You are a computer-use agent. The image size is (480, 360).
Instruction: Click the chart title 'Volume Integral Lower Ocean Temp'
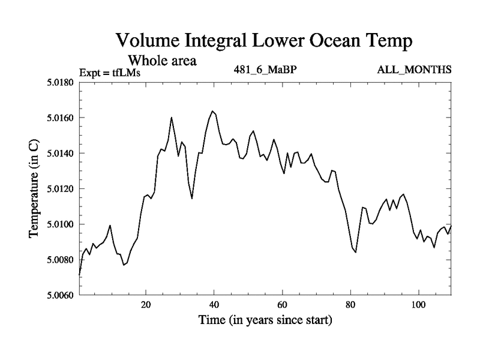coord(264,41)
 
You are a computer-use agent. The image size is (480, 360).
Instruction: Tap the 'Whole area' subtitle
coord(162,61)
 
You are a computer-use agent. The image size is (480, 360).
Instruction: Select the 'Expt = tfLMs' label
coord(110,73)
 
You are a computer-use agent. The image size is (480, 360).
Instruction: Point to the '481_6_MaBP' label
coord(265,70)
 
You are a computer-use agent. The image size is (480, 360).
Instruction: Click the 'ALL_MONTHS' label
coord(414,70)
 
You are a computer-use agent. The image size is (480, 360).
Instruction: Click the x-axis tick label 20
coord(146,304)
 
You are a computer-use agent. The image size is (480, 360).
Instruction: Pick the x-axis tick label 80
coord(350,304)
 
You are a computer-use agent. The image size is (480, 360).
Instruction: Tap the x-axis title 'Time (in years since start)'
coord(265,321)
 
